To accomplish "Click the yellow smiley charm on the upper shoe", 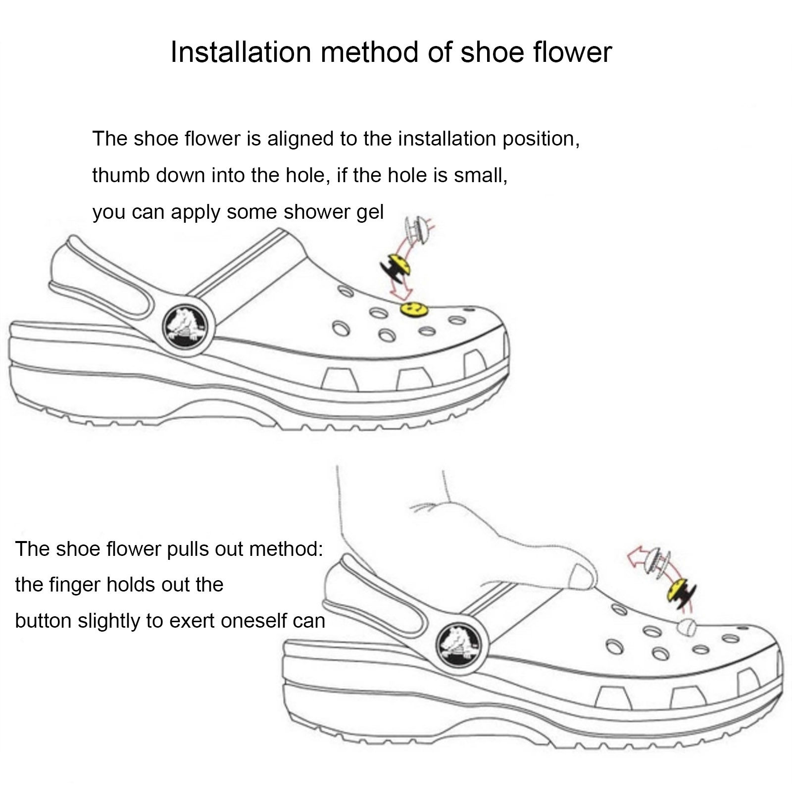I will [414, 309].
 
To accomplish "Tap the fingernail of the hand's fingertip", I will [582, 577].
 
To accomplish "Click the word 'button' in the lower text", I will [43, 620].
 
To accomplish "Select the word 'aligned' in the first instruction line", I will [300, 139].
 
